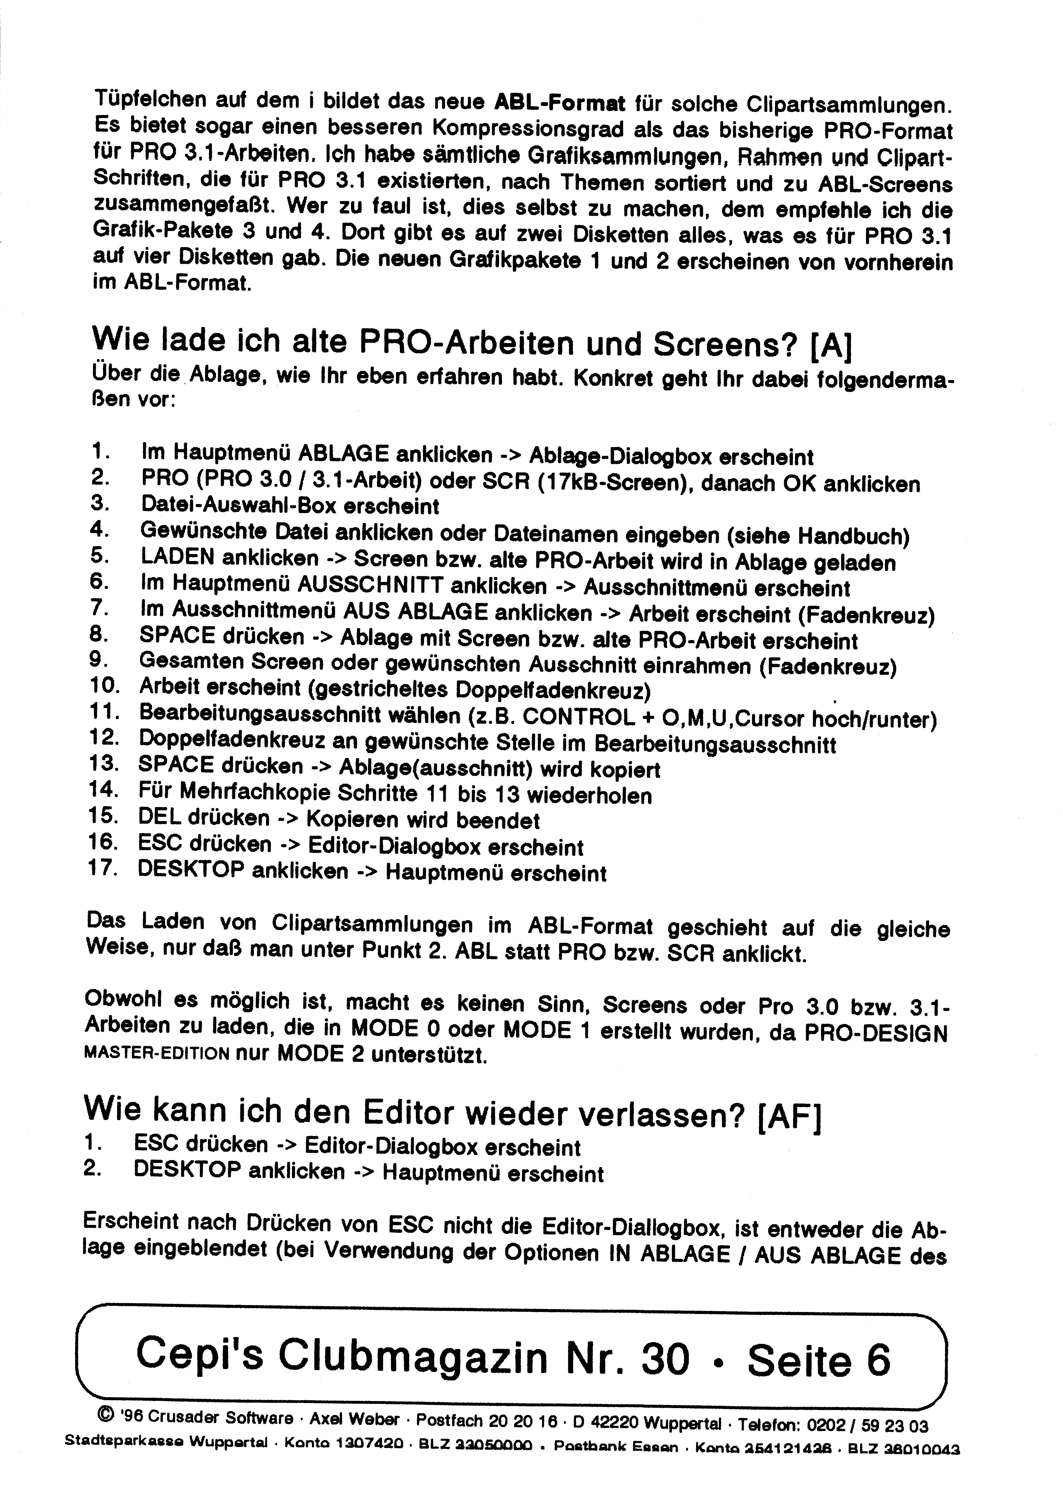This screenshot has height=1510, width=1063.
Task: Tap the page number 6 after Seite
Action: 878,1360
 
